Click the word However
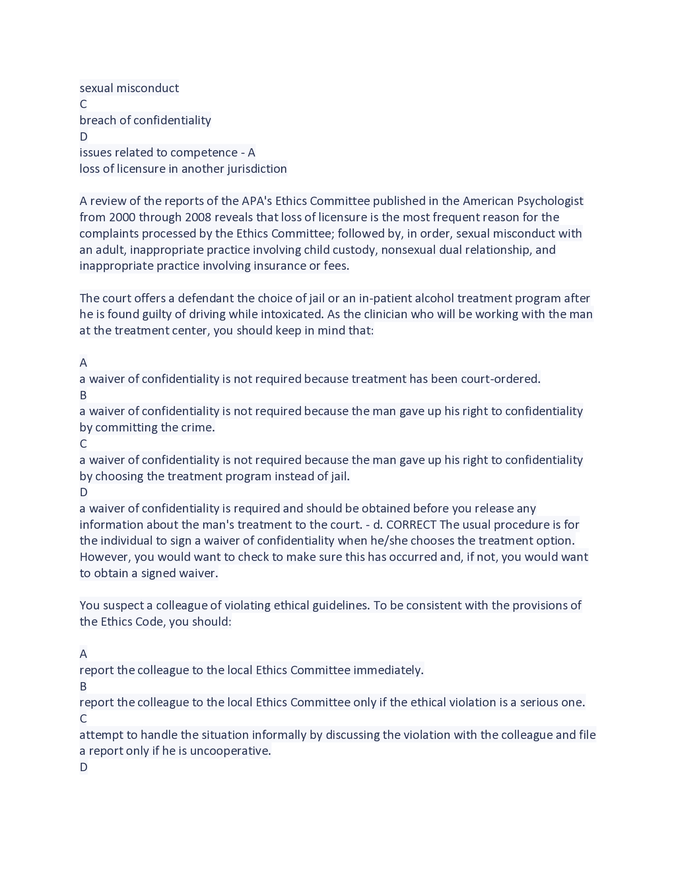tap(105, 557)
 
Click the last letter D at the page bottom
tap(83, 767)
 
